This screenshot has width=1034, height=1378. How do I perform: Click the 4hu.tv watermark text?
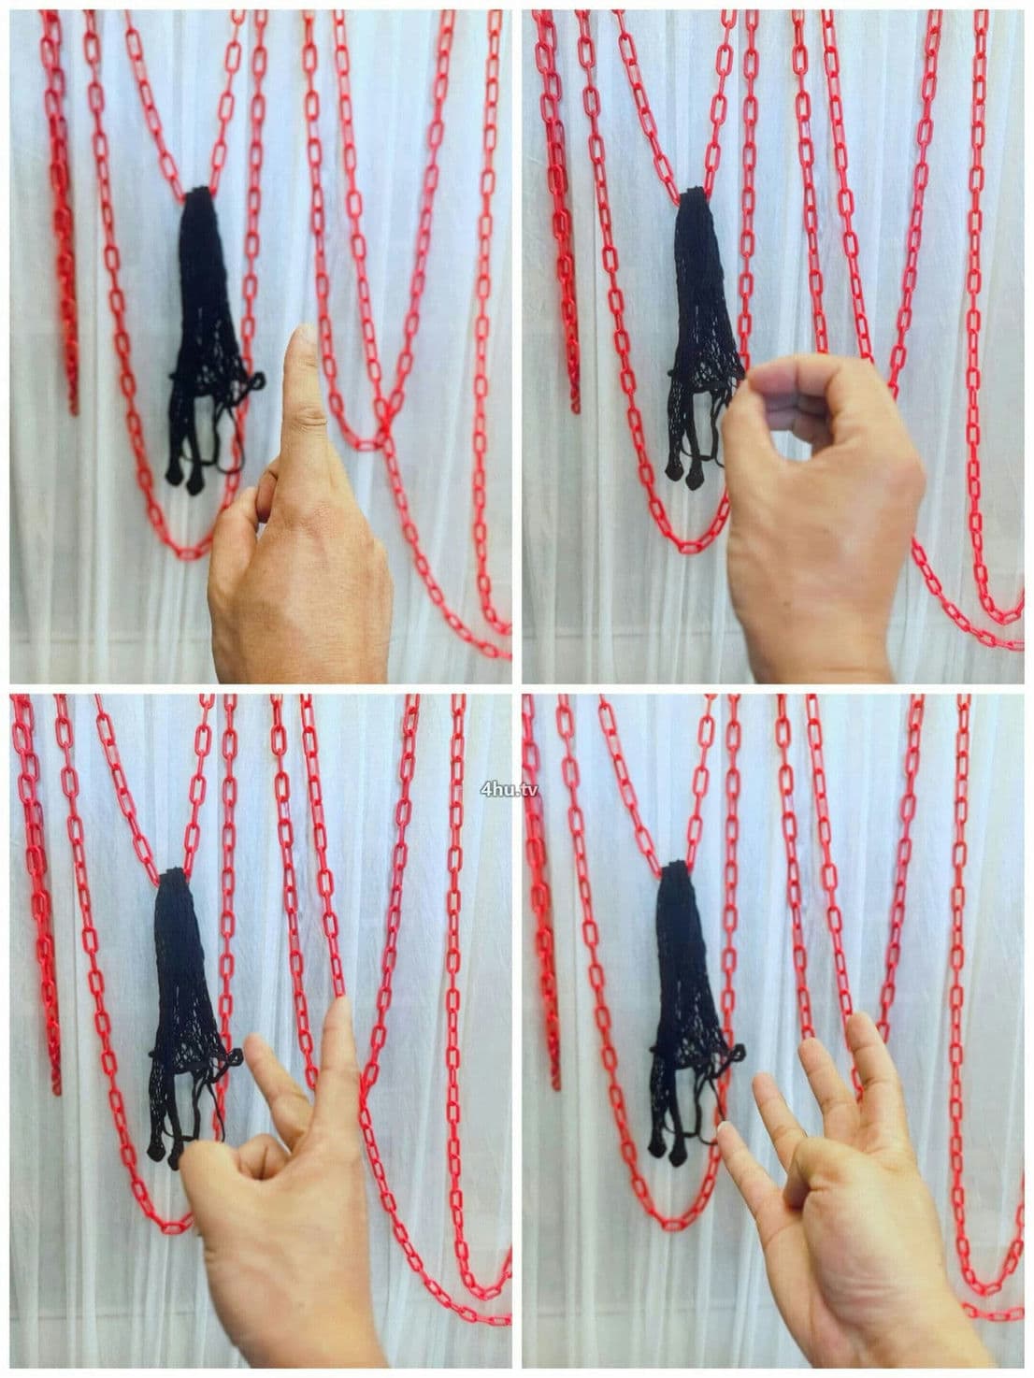click(509, 789)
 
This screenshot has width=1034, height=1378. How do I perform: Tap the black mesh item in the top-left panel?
click(208, 339)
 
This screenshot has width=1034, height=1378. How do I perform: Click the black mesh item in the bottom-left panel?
click(188, 1017)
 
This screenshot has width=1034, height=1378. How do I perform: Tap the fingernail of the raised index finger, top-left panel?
click(308, 334)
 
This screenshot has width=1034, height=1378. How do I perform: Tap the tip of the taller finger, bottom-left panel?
click(341, 1003)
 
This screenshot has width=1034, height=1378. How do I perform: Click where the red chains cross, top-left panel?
click(384, 417)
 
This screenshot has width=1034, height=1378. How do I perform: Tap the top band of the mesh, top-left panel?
click(198, 192)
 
